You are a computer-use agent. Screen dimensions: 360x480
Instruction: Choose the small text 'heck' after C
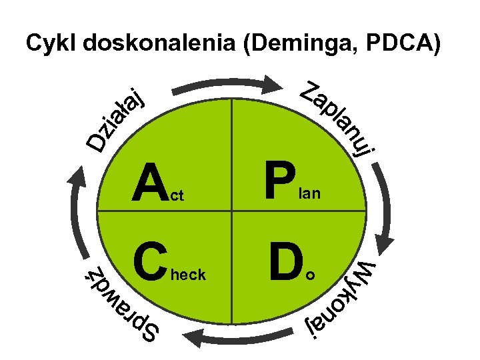tap(189, 274)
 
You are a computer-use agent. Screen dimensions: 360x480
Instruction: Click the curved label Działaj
tap(117, 117)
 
